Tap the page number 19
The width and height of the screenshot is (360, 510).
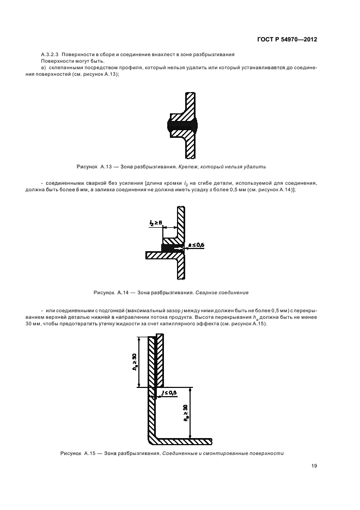[x=314, y=466]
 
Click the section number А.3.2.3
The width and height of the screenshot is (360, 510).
[x=50, y=55]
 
